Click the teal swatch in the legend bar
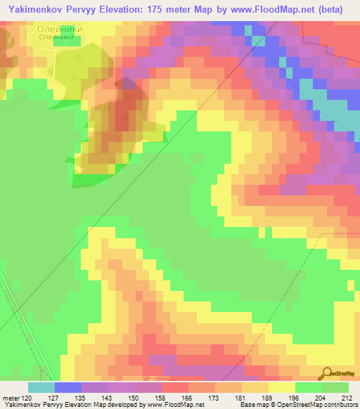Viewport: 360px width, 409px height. click(41, 387)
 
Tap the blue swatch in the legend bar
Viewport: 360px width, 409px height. click(67, 387)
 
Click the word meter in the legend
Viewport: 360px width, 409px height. click(13, 397)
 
